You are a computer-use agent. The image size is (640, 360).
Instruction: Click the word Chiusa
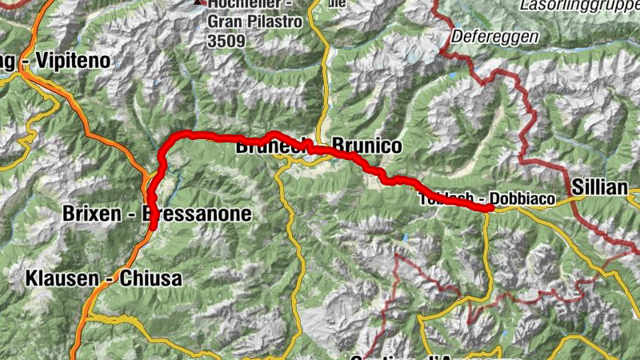pyautogui.click(x=151, y=279)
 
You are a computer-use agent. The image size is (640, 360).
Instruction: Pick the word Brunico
pyautogui.click(x=366, y=146)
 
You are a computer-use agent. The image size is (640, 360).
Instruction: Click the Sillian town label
pyautogui.click(x=599, y=187)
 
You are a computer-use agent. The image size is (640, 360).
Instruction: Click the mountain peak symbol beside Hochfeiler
pyautogui.click(x=198, y=3)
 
